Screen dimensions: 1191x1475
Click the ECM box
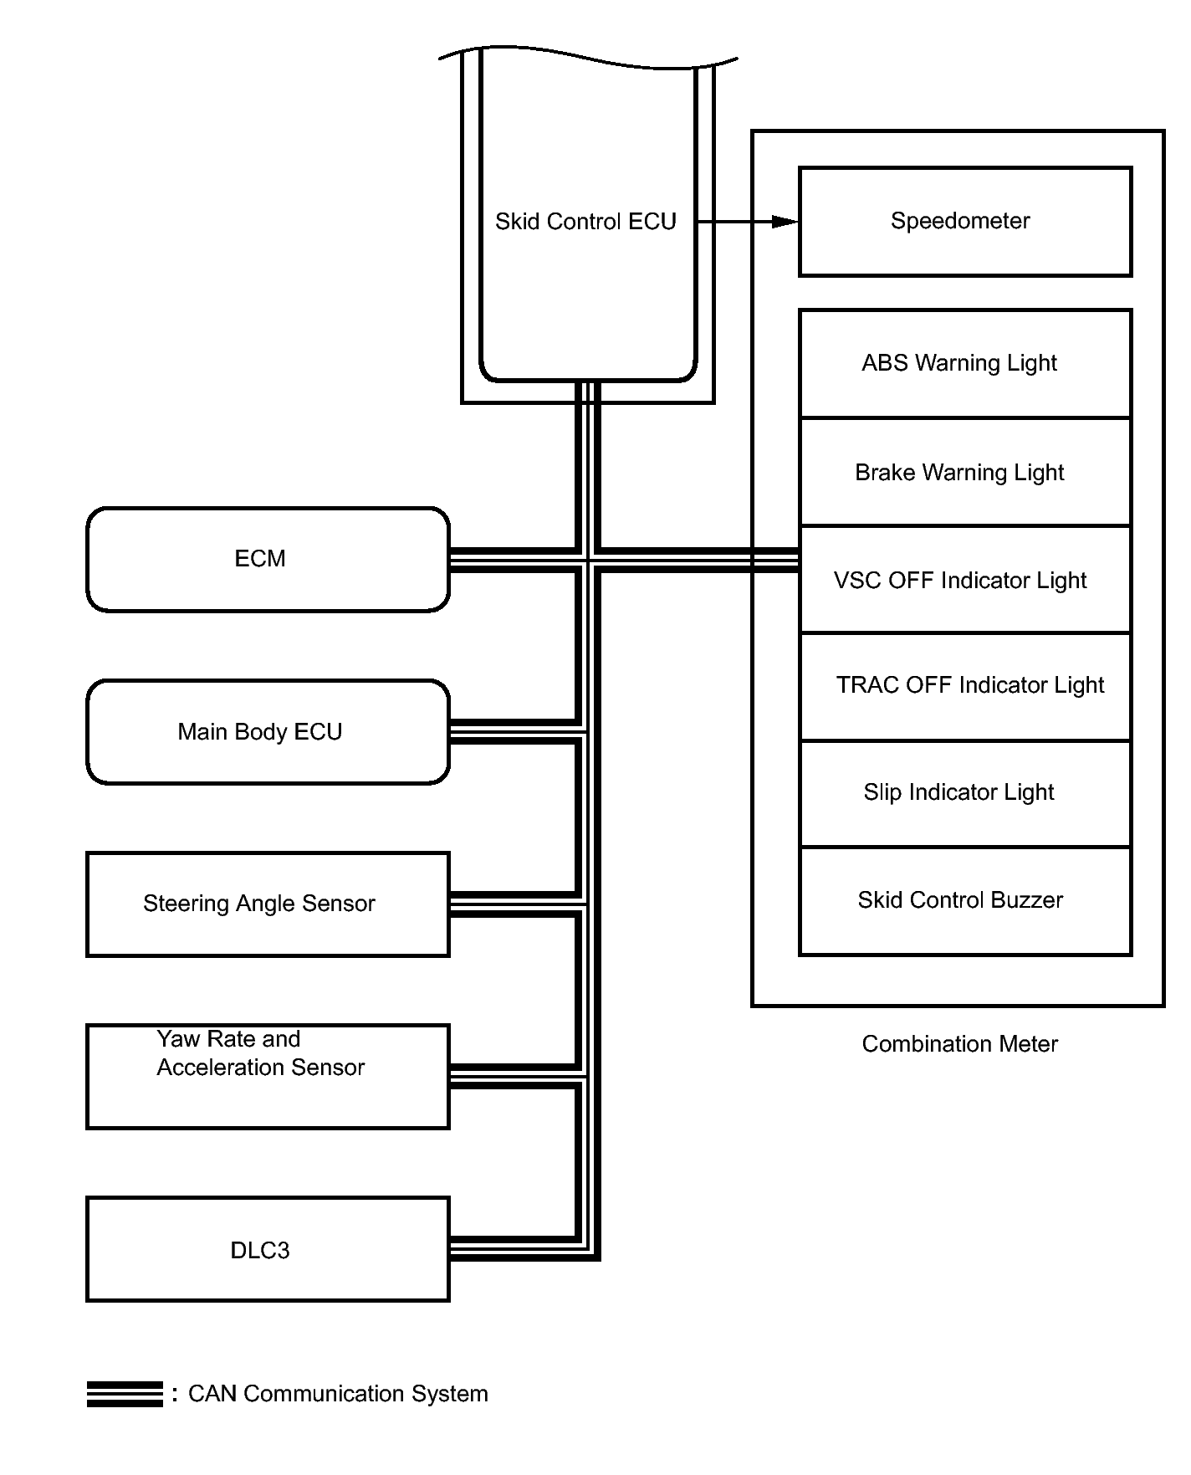(x=268, y=559)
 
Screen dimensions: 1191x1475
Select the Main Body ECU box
(x=268, y=732)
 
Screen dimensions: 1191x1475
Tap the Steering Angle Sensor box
(x=268, y=904)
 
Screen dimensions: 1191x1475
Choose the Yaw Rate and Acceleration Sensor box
(x=268, y=1077)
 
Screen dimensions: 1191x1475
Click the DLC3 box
(x=268, y=1249)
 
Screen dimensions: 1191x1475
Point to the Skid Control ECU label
(x=585, y=222)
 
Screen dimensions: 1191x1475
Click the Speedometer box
(x=965, y=222)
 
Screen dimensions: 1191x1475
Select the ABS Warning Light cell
(x=965, y=363)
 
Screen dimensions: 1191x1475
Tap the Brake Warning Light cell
(x=965, y=472)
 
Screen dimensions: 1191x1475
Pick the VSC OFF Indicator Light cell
(x=965, y=579)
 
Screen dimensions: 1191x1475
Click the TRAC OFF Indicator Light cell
(x=965, y=686)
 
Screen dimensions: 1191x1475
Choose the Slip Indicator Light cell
(x=965, y=793)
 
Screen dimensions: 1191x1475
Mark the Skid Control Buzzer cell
(x=965, y=901)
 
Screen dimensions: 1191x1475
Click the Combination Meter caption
(x=960, y=1044)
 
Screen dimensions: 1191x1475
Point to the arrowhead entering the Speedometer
(x=785, y=222)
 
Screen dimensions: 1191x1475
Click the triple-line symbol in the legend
(x=125, y=1394)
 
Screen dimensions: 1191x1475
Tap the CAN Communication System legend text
(x=338, y=1394)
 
